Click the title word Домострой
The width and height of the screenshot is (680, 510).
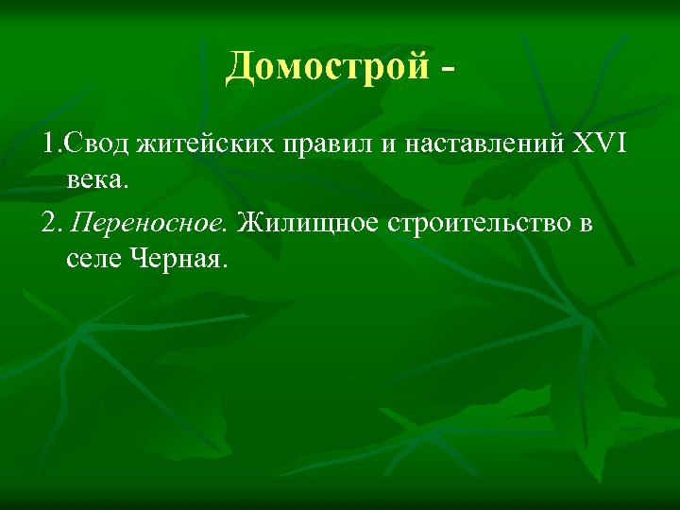click(327, 68)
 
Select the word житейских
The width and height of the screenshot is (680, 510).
click(195, 146)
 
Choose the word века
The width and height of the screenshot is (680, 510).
click(94, 178)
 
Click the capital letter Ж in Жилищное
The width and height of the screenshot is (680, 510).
click(247, 225)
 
